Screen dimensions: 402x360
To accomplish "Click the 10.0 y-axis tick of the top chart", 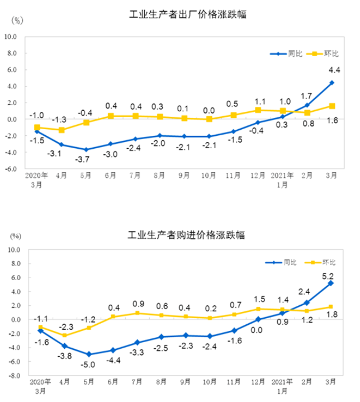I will click(x=11, y=37).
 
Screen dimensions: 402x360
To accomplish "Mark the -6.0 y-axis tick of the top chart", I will click(x=12, y=168).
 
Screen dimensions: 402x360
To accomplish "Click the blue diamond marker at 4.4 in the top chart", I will click(x=331, y=83).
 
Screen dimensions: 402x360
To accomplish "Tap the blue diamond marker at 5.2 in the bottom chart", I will click(x=331, y=283).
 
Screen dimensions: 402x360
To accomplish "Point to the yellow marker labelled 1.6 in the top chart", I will click(x=331, y=106).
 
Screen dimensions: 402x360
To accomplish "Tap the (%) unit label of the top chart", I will click(x=17, y=21).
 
